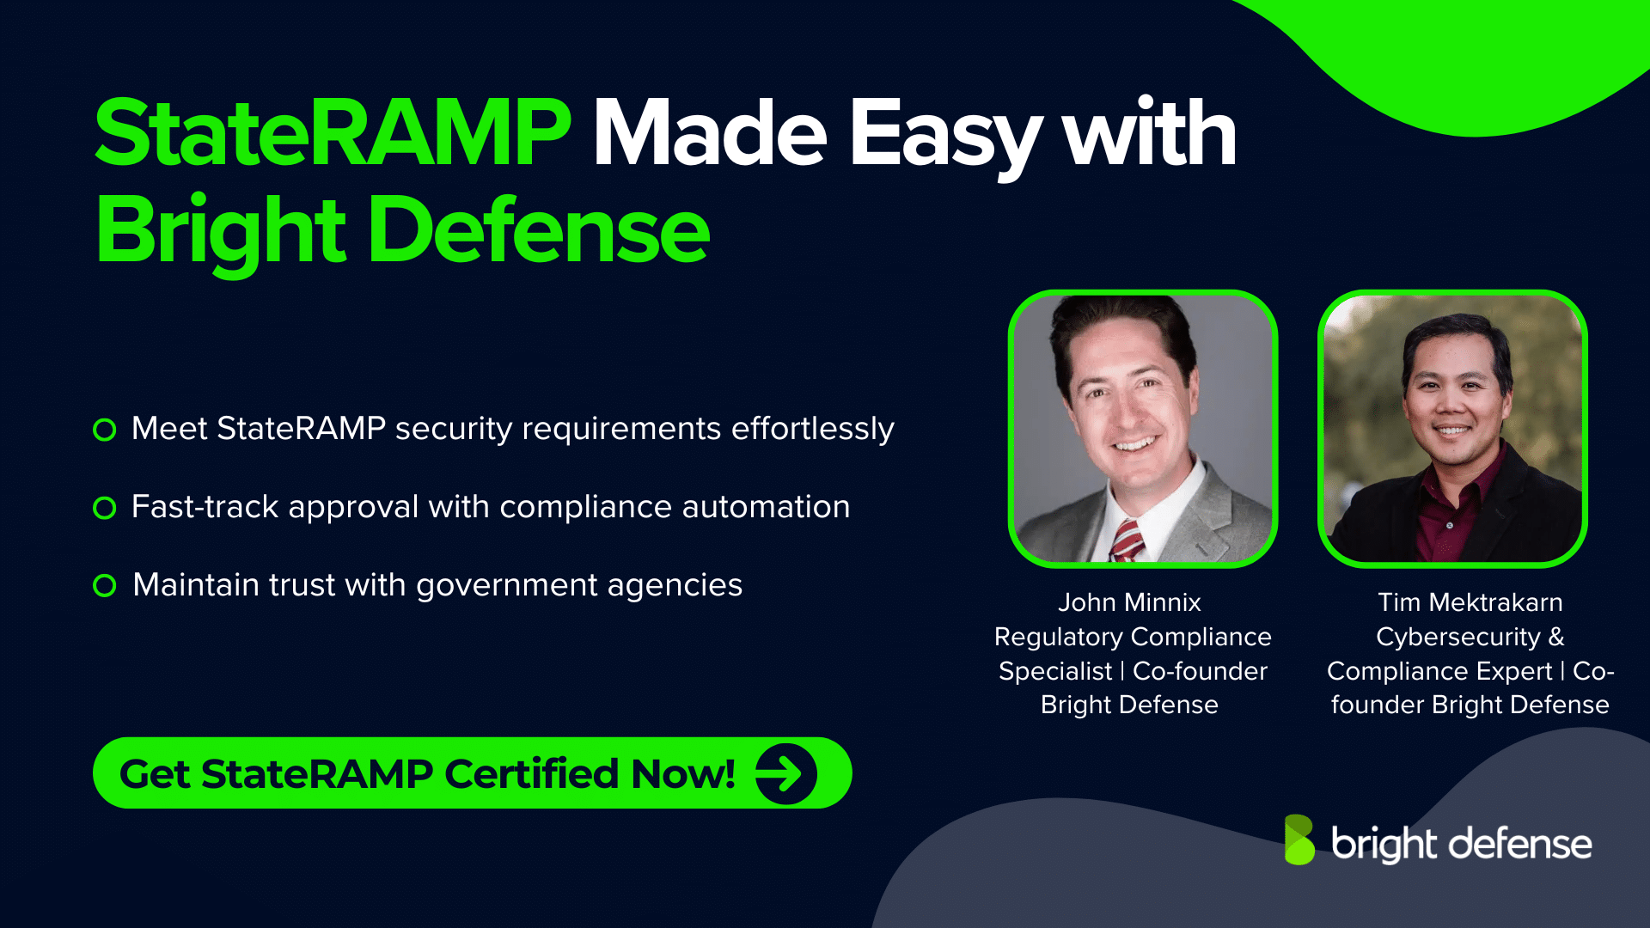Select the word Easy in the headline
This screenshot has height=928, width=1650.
pyautogui.click(x=945, y=135)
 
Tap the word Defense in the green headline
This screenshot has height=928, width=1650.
pyautogui.click(x=539, y=230)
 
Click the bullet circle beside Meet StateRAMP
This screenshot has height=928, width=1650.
pyautogui.click(x=105, y=430)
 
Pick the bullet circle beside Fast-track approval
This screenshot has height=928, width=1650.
pyautogui.click(x=105, y=508)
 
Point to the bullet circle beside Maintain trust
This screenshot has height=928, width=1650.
pyautogui.click(x=105, y=586)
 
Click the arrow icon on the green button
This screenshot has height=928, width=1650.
pyautogui.click(x=785, y=773)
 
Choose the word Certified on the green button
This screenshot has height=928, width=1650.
pyautogui.click(x=532, y=773)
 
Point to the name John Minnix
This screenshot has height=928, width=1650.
pyautogui.click(x=1129, y=602)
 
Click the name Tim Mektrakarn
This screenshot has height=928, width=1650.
pyautogui.click(x=1470, y=602)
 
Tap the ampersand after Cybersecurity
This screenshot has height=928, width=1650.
pyautogui.click(x=1556, y=637)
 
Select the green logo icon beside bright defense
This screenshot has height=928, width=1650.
pyautogui.click(x=1299, y=839)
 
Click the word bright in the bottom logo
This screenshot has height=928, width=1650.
pyautogui.click(x=1384, y=844)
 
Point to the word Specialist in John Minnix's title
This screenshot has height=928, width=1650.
pyautogui.click(x=1055, y=671)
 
